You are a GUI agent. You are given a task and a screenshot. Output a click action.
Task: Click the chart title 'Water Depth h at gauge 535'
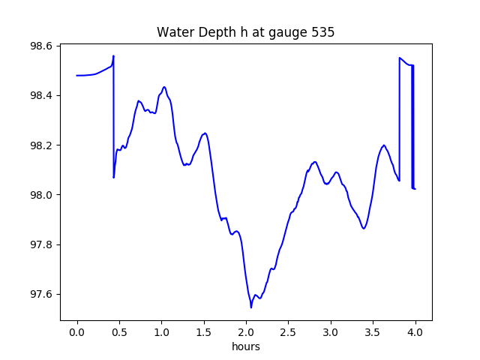point(245,32)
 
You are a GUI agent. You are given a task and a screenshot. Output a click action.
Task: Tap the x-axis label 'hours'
point(246,347)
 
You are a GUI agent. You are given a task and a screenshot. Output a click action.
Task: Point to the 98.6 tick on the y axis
point(41,46)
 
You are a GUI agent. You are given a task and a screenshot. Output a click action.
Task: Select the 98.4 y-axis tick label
point(41,95)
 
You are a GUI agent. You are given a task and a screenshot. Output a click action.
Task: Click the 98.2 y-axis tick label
point(41,145)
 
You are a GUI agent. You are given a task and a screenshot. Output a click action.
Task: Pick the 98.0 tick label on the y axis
point(41,195)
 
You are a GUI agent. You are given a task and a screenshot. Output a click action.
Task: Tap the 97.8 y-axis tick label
point(41,244)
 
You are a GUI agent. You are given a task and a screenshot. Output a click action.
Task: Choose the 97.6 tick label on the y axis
point(41,294)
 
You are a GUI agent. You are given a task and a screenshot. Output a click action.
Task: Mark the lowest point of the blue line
point(251,307)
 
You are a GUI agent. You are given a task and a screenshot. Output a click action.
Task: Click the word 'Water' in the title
point(173,32)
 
